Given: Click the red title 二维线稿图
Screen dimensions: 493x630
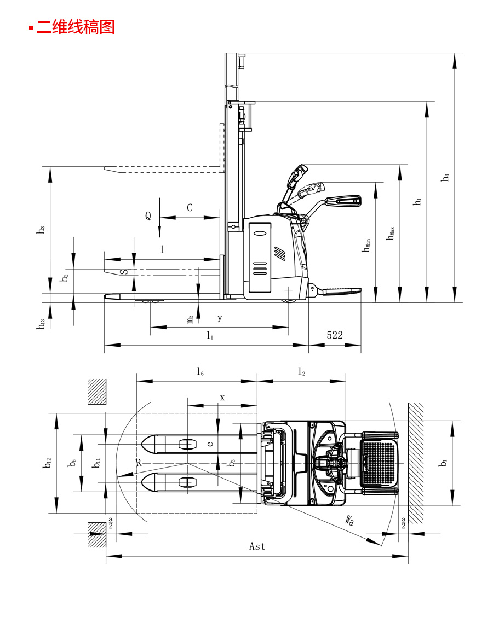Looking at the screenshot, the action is (76, 27).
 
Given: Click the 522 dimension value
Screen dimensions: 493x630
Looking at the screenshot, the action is (335, 335).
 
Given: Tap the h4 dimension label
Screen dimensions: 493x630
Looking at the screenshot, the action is (445, 177).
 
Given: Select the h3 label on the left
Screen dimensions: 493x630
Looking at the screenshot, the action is (41, 230).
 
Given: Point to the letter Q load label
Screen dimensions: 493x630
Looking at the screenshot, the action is (148, 216).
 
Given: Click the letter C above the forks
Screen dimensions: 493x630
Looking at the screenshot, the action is (190, 208).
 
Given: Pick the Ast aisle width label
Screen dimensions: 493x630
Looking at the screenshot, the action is (257, 546).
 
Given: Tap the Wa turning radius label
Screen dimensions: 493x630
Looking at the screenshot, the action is (349, 520).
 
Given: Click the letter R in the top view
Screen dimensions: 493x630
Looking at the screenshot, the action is (139, 463).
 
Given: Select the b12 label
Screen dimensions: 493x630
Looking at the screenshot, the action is (47, 463).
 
